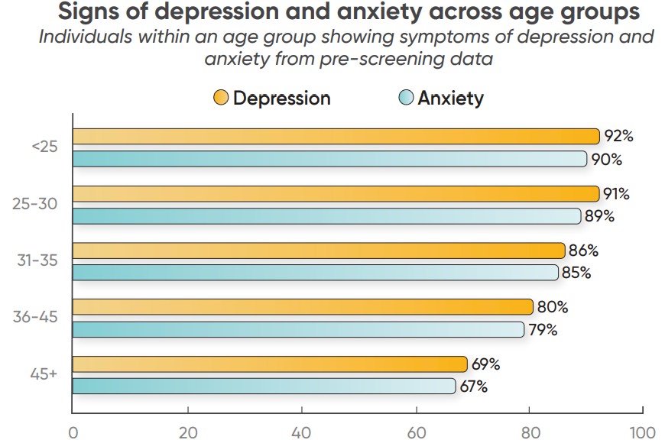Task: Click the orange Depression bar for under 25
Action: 336,137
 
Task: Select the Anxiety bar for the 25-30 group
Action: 326,216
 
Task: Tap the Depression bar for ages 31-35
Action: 319,251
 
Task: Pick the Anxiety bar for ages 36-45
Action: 298,329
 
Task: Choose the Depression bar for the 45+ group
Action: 270,364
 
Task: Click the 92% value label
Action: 618,137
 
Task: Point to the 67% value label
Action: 474,386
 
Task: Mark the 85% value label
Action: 576,273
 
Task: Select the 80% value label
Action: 553,307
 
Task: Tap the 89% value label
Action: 599,216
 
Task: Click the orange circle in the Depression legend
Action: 221,99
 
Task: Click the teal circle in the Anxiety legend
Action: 407,99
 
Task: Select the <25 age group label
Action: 44,147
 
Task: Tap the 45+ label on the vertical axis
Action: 44,374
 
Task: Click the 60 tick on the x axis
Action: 416,432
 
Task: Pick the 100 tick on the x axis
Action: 642,432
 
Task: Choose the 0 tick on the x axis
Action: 73,432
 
